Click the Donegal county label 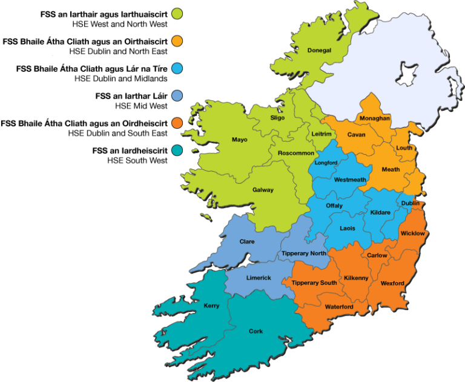319,50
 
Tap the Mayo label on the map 240,140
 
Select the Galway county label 263,190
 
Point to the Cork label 256,331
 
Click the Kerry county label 211,306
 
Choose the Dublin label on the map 410,204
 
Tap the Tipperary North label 304,253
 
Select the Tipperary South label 314,283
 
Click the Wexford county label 392,283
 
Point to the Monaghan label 374,118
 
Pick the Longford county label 326,163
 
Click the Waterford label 339,306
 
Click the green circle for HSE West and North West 177,14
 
